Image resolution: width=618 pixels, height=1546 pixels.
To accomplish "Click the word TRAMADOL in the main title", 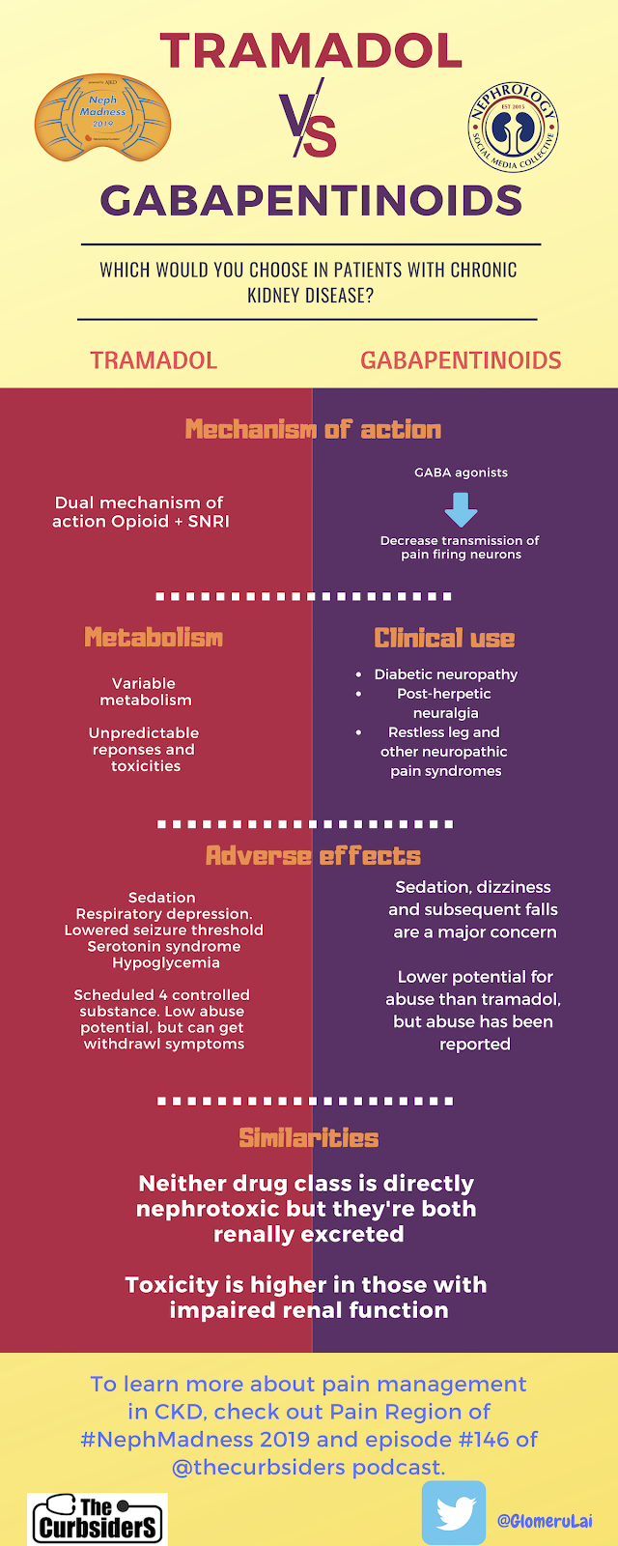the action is (x=311, y=50).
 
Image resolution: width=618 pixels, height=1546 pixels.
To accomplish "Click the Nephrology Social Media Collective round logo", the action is (x=514, y=127).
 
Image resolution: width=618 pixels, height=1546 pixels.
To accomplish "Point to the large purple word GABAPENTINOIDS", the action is (x=311, y=201).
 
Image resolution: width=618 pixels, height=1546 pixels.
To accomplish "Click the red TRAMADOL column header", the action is (x=154, y=360).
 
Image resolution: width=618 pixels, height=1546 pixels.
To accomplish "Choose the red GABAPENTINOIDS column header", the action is (x=461, y=360).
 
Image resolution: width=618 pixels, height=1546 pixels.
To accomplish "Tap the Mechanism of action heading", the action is (x=313, y=429).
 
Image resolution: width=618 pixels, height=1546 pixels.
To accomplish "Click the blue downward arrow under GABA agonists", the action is (x=461, y=509).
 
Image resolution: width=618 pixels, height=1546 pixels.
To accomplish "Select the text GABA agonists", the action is (x=461, y=472).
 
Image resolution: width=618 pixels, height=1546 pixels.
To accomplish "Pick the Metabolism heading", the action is (x=154, y=638).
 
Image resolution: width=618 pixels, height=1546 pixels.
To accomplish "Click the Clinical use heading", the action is (x=444, y=639).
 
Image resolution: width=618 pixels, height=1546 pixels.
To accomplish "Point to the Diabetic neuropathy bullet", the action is (x=445, y=674).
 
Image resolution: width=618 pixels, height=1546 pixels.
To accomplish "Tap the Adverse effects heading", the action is (x=313, y=856).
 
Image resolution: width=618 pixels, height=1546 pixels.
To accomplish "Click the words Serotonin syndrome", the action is (x=164, y=947).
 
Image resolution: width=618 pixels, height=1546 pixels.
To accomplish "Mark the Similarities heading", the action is (x=309, y=1138).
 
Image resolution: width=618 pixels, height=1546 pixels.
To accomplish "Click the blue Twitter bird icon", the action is (x=454, y=1513).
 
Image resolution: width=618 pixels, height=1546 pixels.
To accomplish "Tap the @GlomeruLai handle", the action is (x=545, y=1520).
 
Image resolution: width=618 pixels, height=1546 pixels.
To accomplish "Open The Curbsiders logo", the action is (x=98, y=1518).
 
